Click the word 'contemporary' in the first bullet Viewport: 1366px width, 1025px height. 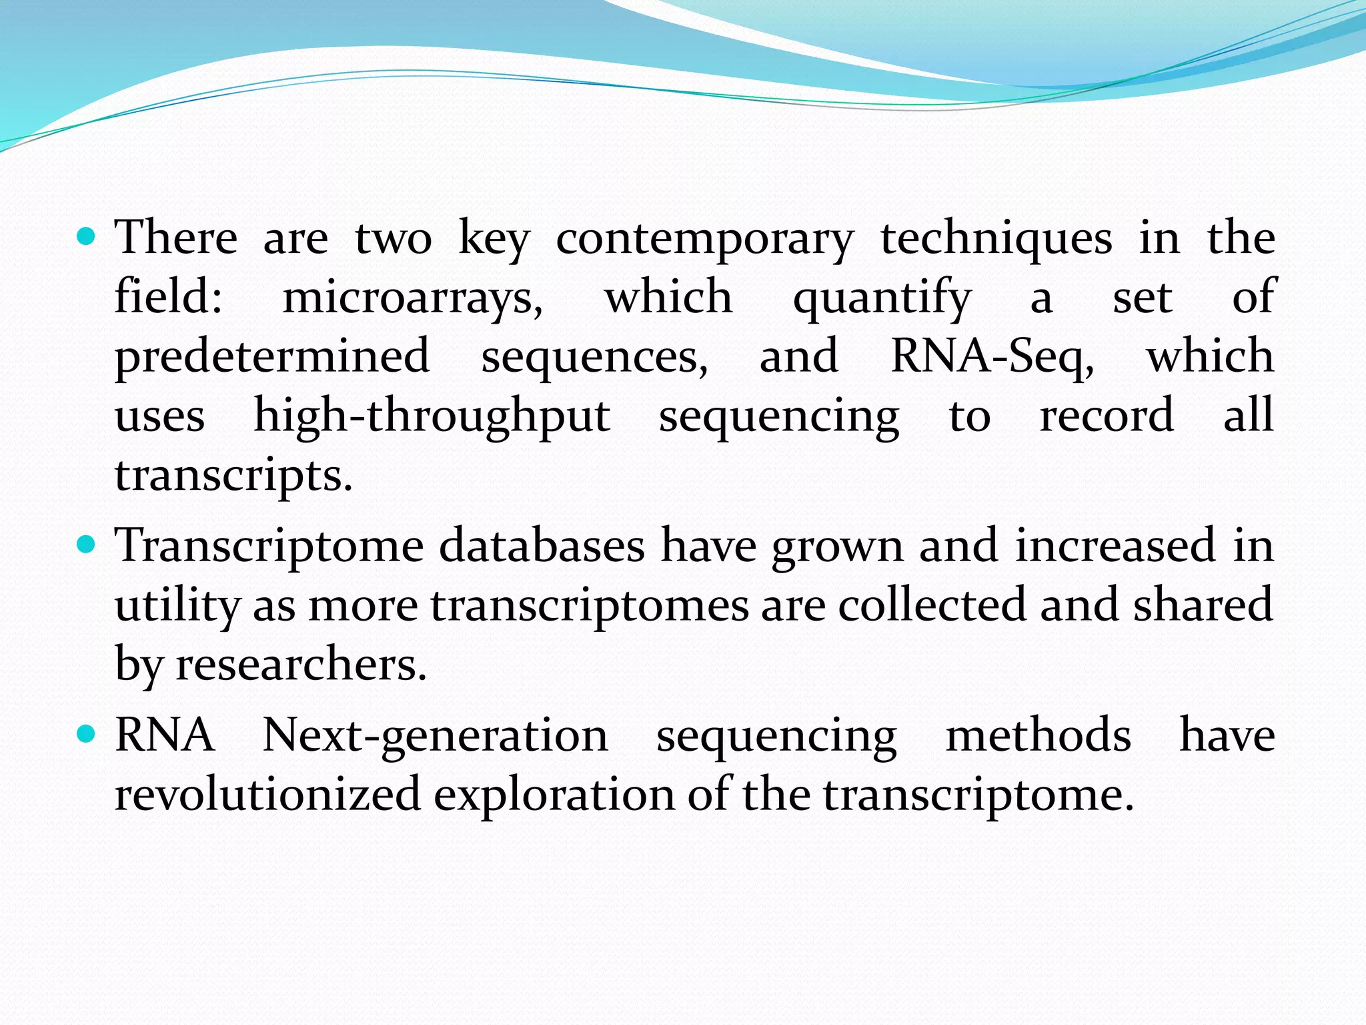click(704, 240)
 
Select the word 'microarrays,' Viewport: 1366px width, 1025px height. click(413, 298)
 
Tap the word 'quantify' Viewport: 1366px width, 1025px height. click(882, 298)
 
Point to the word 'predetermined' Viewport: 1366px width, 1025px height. click(272, 357)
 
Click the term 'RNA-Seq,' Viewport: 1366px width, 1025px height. click(992, 357)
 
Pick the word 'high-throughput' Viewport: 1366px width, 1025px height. click(432, 416)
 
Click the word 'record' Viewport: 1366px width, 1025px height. click(1107, 416)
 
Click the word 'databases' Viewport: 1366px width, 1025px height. click(542, 546)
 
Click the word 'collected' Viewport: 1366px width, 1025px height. click(932, 605)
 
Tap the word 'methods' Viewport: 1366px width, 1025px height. click(1039, 735)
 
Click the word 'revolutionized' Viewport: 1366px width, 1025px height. click(267, 794)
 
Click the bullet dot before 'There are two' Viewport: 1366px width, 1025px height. click(87, 236)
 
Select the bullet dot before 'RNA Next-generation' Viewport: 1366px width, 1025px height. click(87, 735)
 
